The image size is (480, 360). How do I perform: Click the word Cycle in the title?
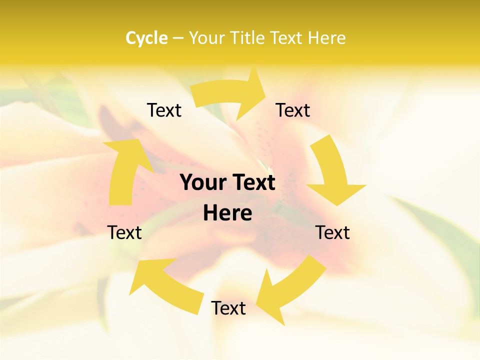pyautogui.click(x=146, y=38)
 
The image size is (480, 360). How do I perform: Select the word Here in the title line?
pyautogui.click(x=327, y=38)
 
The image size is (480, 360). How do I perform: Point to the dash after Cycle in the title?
pyautogui.click(x=178, y=38)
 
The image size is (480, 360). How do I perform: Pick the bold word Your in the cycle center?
pyautogui.click(x=203, y=183)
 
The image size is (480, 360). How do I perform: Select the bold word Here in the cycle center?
pyautogui.click(x=227, y=213)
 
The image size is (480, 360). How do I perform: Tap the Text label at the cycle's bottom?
pyautogui.click(x=228, y=308)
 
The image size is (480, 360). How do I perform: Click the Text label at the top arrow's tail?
pyautogui.click(x=164, y=110)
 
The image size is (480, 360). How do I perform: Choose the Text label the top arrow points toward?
pyautogui.click(x=293, y=110)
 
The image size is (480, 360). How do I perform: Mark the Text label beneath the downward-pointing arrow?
pyautogui.click(x=332, y=232)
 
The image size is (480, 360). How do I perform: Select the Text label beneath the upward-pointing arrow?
pyautogui.click(x=125, y=232)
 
